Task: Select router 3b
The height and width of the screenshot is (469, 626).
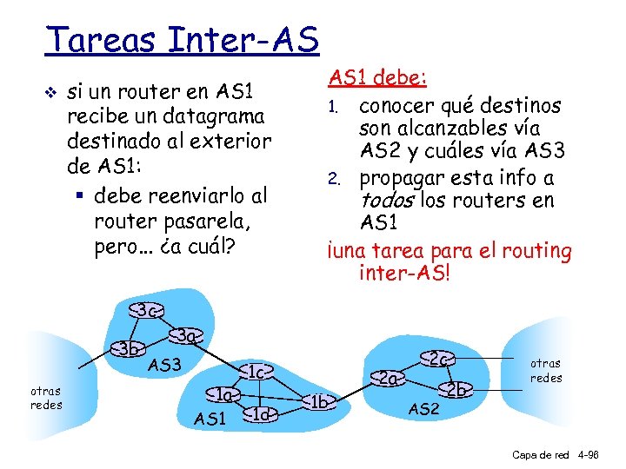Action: (x=131, y=350)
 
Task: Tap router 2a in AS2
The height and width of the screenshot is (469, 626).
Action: (x=389, y=378)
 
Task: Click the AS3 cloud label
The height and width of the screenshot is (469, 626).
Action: (x=164, y=365)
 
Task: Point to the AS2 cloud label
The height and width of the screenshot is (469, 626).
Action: (x=423, y=409)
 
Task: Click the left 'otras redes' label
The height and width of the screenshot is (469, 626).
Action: (x=45, y=399)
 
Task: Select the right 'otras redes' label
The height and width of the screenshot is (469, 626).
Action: (x=546, y=370)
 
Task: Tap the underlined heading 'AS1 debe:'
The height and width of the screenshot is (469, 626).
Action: (x=377, y=78)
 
